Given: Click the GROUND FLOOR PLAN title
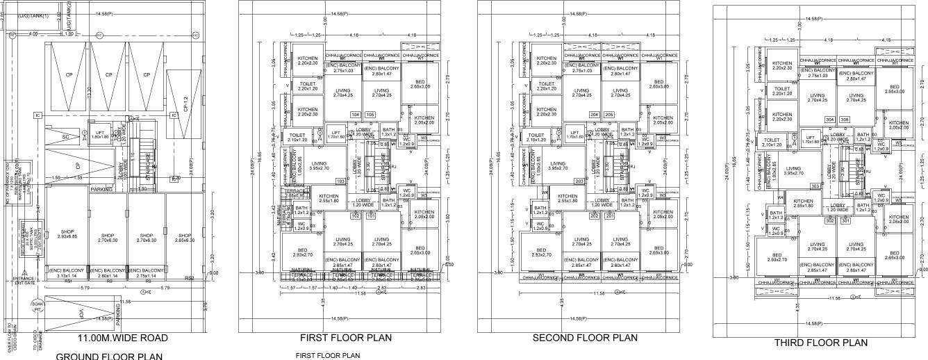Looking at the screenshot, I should coord(109,356).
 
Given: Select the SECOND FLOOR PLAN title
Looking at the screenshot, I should coord(585,338).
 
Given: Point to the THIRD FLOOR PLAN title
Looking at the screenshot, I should coord(821,343).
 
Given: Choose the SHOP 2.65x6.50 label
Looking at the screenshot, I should coord(184,238).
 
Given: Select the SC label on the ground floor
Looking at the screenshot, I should coord(67,137).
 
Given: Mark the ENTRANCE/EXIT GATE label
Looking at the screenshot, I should coord(23,281).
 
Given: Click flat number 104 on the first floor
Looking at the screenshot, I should coord(356,115).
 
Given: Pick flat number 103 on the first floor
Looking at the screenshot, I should coord(340,181).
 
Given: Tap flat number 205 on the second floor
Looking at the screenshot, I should coord(610,115).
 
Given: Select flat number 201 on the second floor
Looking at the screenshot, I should coord(609,216).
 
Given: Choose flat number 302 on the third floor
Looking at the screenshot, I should coord(829,221).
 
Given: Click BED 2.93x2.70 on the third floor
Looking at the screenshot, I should coord(777,256).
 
